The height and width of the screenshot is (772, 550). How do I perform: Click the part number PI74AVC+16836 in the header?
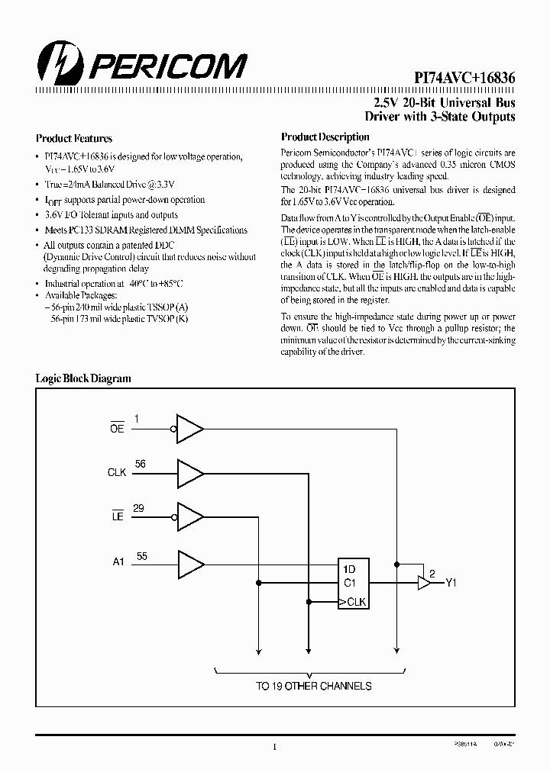[x=465, y=79]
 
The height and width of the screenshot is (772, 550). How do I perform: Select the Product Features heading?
[x=74, y=139]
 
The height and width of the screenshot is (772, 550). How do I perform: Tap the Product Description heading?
[x=325, y=137]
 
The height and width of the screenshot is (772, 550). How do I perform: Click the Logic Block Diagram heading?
[x=84, y=378]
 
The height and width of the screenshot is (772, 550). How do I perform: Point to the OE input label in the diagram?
[x=117, y=429]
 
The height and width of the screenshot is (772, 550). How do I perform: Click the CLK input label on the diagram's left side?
[x=117, y=473]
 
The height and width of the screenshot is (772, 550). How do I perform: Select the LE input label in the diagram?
[x=117, y=517]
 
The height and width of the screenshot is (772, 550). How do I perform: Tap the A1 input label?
[x=118, y=563]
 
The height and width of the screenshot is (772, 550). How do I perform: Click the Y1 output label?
[x=451, y=584]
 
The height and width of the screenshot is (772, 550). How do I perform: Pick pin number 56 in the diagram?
[x=140, y=464]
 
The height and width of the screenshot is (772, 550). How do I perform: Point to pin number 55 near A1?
[x=141, y=556]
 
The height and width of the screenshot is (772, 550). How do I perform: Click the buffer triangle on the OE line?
[x=189, y=429]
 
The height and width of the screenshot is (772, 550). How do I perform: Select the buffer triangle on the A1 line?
[x=190, y=563]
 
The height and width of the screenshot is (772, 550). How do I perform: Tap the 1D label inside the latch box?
[x=349, y=569]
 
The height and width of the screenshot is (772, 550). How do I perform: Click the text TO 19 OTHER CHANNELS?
[x=313, y=686]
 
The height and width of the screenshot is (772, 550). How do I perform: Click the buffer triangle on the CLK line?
[x=190, y=473]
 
